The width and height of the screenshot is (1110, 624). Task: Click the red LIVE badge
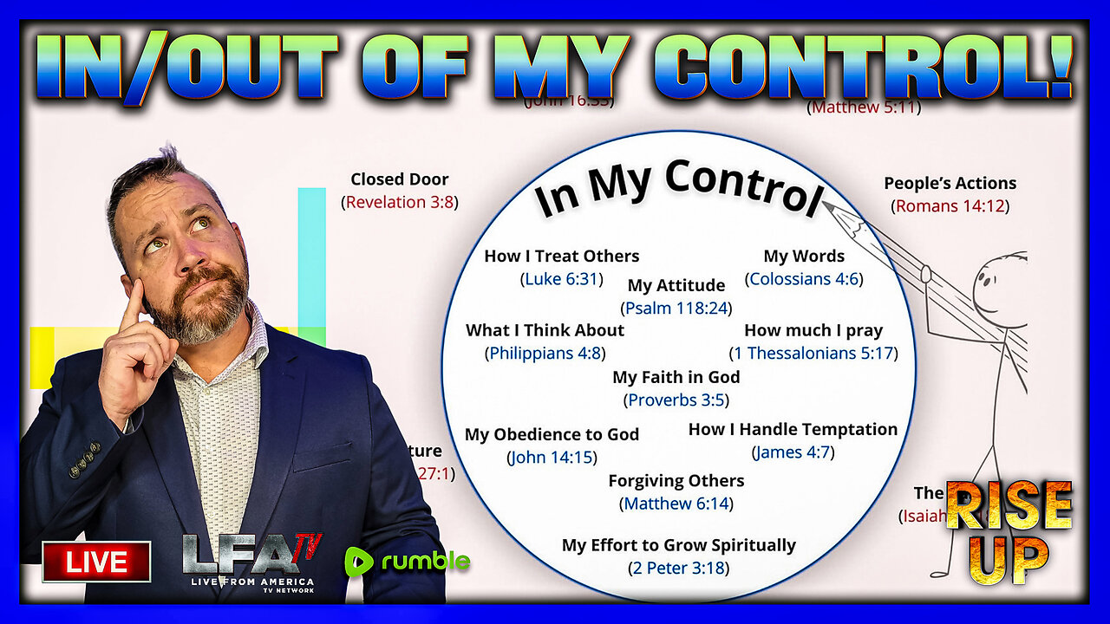[96, 561]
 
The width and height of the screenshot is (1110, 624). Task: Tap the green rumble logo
[408, 561]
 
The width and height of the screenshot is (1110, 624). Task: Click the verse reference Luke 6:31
[561, 279]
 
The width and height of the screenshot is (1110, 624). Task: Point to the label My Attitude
[676, 285]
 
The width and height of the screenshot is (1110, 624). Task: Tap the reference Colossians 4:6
[804, 279]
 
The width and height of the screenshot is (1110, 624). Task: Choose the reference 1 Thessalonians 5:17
[813, 353]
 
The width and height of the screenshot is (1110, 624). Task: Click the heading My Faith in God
[676, 377]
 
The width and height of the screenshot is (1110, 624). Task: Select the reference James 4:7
[793, 452]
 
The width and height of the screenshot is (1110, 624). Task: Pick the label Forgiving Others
[676, 480]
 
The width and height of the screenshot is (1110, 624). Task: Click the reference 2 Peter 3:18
[678, 568]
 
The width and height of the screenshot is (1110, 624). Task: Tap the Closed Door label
[400, 179]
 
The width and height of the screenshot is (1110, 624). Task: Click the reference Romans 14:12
[950, 206]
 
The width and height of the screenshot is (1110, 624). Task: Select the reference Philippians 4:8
[545, 353]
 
